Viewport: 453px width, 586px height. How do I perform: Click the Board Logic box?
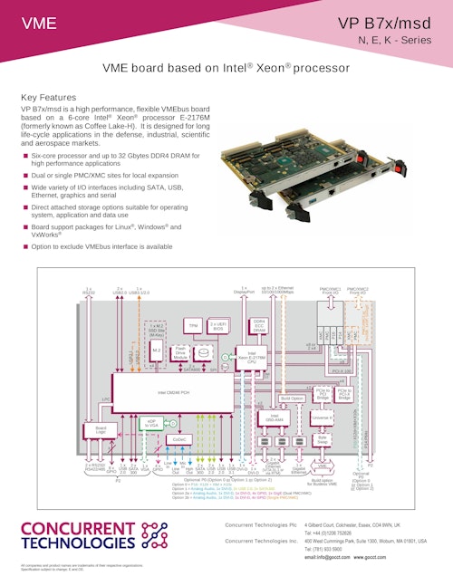pyautogui.click(x=101, y=430)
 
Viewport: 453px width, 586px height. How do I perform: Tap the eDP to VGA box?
pyautogui.click(x=153, y=422)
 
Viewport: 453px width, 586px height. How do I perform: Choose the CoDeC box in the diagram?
pyautogui.click(x=179, y=439)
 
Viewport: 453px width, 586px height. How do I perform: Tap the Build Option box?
pyautogui.click(x=292, y=398)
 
